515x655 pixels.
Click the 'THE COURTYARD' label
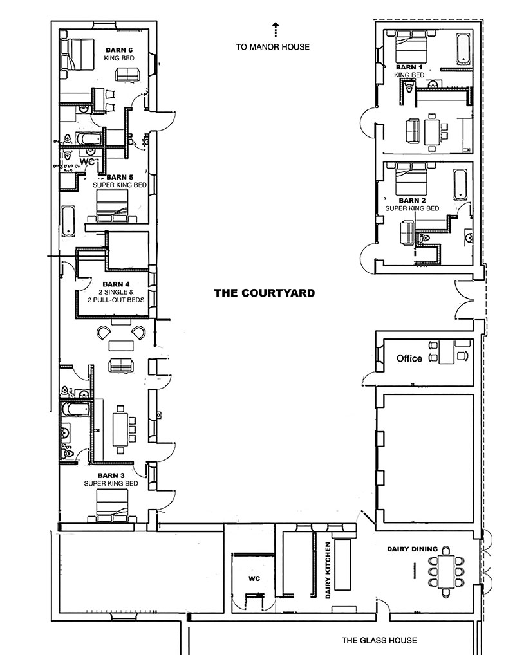click(264, 293)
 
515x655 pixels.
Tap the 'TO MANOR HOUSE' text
click(272, 46)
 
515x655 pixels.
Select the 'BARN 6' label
click(119, 50)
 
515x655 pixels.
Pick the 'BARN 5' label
click(120, 177)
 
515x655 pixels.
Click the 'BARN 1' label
click(409, 67)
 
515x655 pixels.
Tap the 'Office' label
click(409, 358)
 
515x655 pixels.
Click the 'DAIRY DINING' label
click(412, 549)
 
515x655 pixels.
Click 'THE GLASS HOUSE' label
click(379, 640)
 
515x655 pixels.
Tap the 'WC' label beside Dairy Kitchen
click(254, 578)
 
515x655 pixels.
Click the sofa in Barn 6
click(126, 74)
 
